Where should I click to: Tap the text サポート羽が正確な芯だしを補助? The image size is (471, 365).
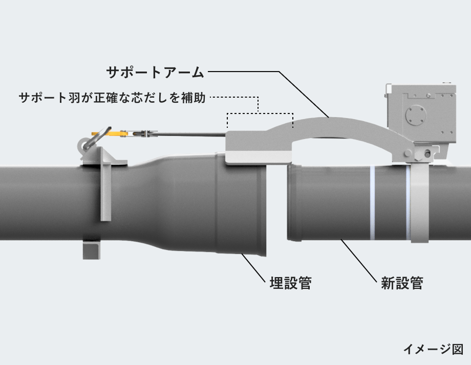[x=112, y=98]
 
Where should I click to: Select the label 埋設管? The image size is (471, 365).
[x=290, y=282]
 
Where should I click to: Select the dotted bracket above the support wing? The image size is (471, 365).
[x=260, y=113]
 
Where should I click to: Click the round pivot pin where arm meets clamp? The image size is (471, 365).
[x=408, y=153]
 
